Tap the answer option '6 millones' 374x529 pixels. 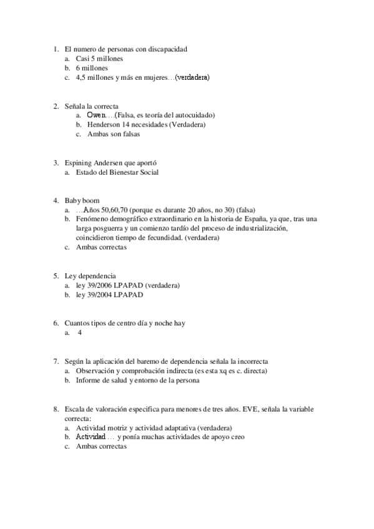pyautogui.click(x=92, y=68)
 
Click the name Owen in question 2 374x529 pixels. pyautogui.click(x=97, y=115)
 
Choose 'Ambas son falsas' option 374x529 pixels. pyautogui.click(x=114, y=134)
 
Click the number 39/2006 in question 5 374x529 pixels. pyautogui.click(x=101, y=285)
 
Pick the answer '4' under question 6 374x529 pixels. pyautogui.click(x=80, y=332)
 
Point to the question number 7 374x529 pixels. pyautogui.click(x=56, y=361)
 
